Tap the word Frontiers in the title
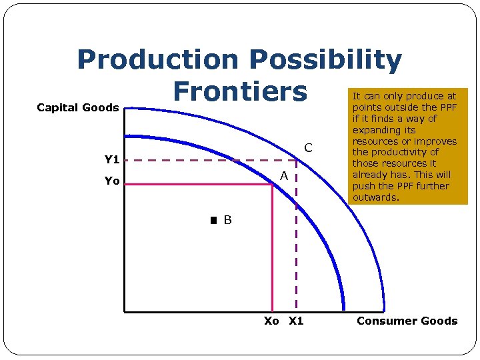click(x=240, y=91)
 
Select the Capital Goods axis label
click(x=77, y=107)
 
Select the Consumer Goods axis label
click(x=407, y=321)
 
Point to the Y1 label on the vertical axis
click(x=111, y=160)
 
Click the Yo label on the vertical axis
click(x=111, y=181)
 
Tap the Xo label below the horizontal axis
click(x=271, y=321)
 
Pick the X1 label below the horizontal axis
click(x=295, y=321)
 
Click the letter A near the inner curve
click(x=283, y=176)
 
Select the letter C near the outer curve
click(x=308, y=147)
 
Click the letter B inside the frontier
click(x=227, y=220)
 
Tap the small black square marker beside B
click(x=213, y=220)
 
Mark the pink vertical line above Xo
click(x=273, y=253)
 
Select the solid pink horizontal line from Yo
click(x=200, y=185)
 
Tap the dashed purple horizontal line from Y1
click(x=200, y=160)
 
